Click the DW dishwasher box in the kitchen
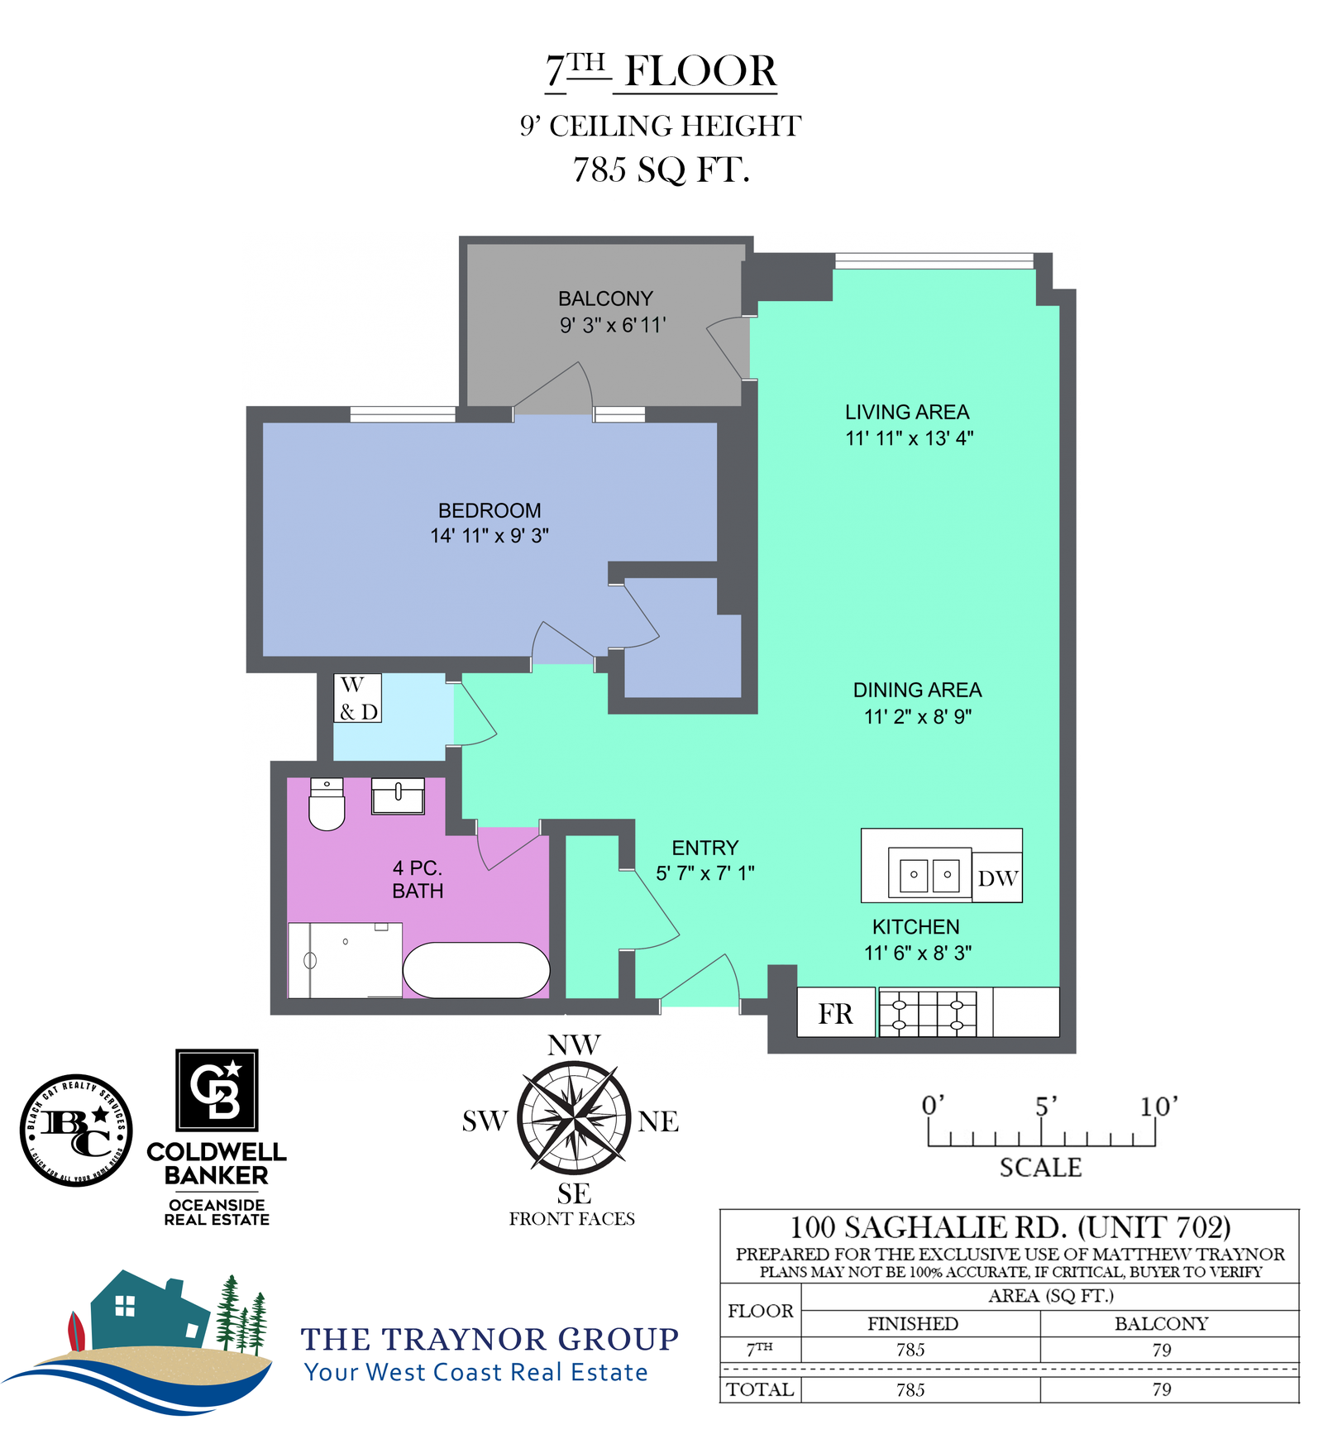(x=997, y=877)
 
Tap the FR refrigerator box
(x=836, y=1012)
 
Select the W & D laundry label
(x=358, y=698)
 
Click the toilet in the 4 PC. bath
(x=327, y=803)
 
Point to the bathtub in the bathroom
(x=476, y=970)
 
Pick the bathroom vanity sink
(x=398, y=796)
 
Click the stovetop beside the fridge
(x=928, y=1013)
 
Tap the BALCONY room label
(x=605, y=299)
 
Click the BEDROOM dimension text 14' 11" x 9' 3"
(x=490, y=536)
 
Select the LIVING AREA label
(x=907, y=412)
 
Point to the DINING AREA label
(x=918, y=690)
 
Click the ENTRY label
(x=704, y=848)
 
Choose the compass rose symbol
(x=574, y=1119)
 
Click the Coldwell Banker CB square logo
(x=217, y=1090)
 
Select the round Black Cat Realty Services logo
(x=76, y=1131)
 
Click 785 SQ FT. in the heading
(x=661, y=170)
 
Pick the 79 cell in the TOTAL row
(x=1162, y=1389)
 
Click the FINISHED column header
(x=913, y=1323)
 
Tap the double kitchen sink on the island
(x=929, y=873)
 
